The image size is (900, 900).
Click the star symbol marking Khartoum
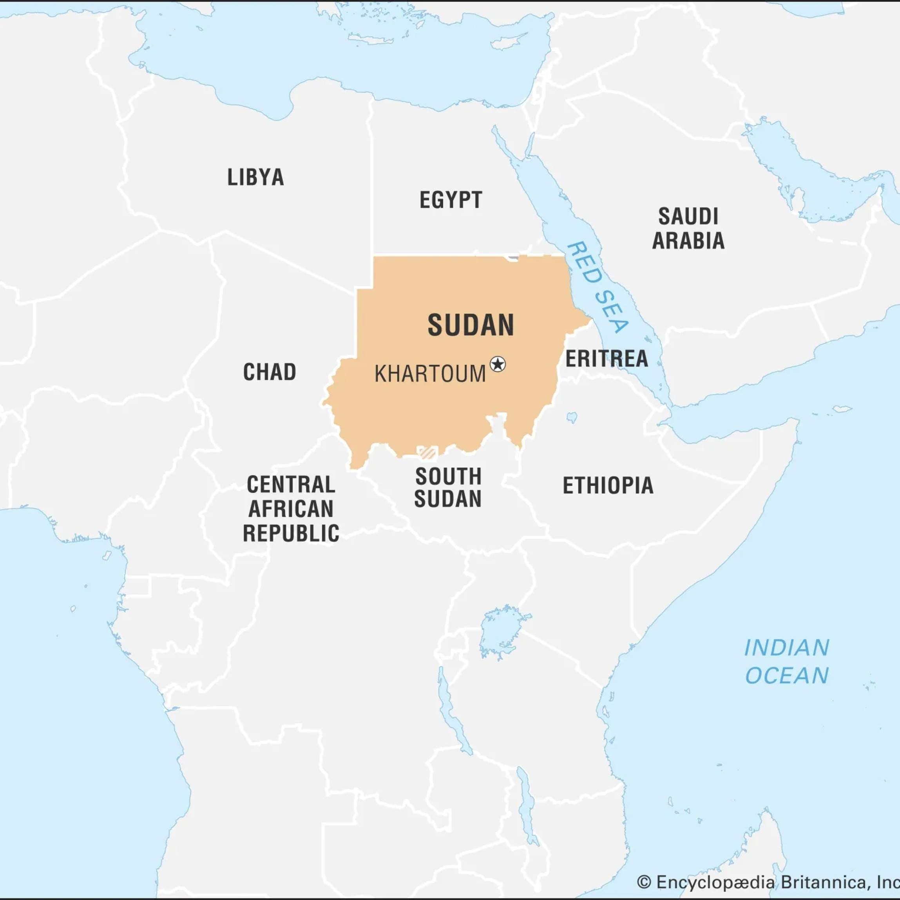coord(498,364)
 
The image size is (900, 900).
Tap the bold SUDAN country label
coord(471,325)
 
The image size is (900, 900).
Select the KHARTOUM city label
coord(430,374)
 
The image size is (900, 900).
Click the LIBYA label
coord(255,177)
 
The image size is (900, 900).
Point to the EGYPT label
coord(451,200)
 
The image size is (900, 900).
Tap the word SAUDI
coord(688,217)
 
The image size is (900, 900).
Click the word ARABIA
coord(688,241)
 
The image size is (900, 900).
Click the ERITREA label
coord(607,359)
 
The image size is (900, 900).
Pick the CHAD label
coord(270,372)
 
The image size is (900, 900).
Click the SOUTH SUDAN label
coord(448,487)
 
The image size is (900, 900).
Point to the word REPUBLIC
coord(291,533)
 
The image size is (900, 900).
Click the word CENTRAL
coord(291,484)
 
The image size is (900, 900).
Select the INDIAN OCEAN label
coord(787,661)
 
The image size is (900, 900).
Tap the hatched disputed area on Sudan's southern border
coord(427,452)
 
